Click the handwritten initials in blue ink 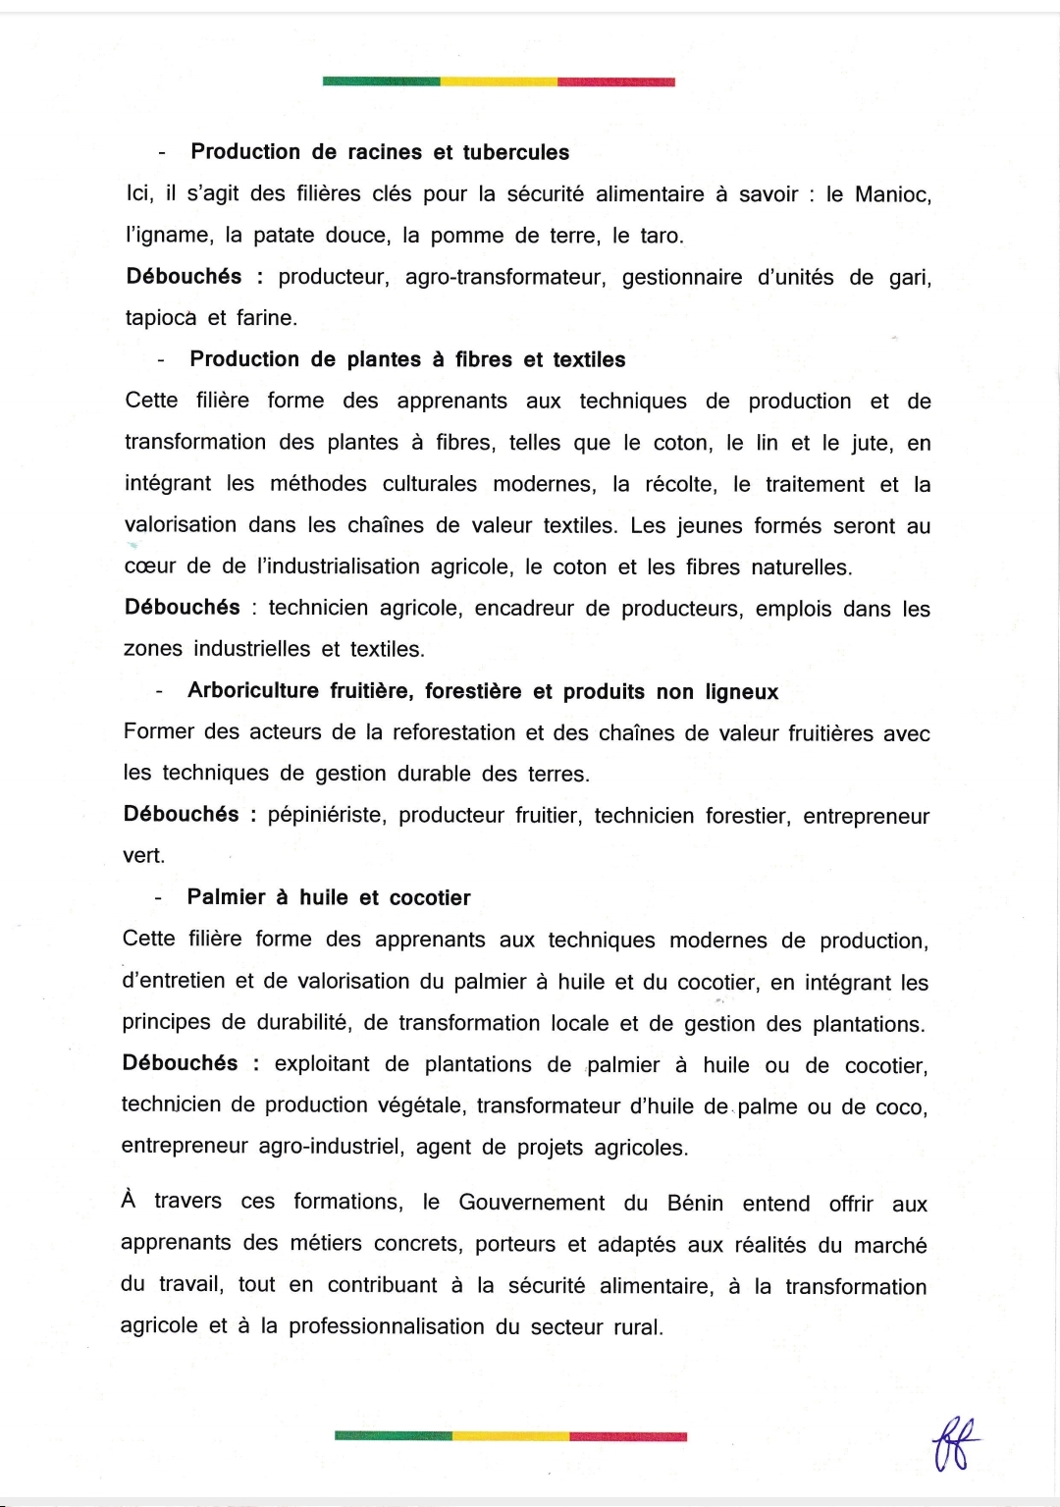pyautogui.click(x=955, y=1443)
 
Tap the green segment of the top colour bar pyautogui.click(x=381, y=81)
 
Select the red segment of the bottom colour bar pyautogui.click(x=628, y=1436)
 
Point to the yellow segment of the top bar pyautogui.click(x=499, y=81)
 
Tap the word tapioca pyautogui.click(x=161, y=318)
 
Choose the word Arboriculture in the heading pyautogui.click(x=253, y=691)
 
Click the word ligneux pyautogui.click(x=741, y=692)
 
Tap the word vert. pyautogui.click(x=143, y=855)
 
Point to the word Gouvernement pyautogui.click(x=531, y=1203)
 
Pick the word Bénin pyautogui.click(x=695, y=1204)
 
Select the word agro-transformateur pyautogui.click(x=505, y=278)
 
